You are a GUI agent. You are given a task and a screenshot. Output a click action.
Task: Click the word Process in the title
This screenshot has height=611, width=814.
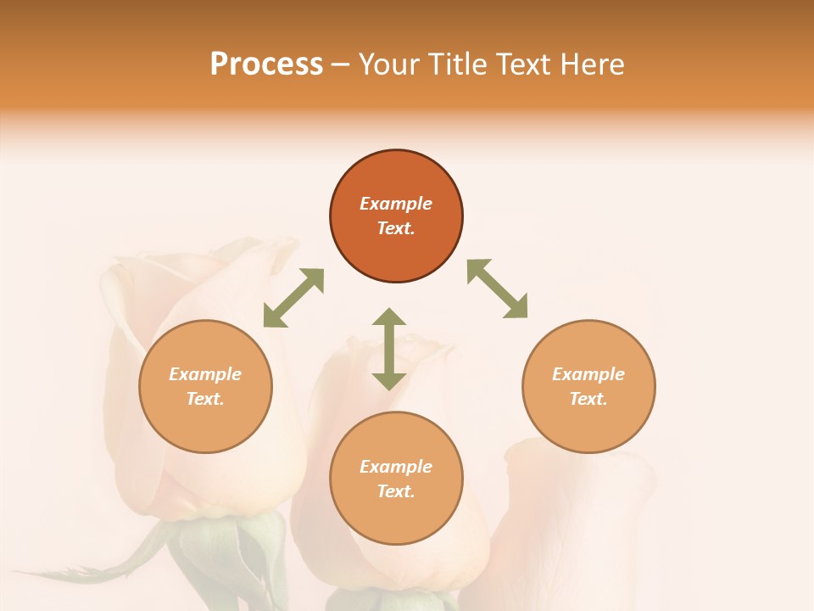pos(266,64)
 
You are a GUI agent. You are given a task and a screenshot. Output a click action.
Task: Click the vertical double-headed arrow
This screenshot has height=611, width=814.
pos(389,349)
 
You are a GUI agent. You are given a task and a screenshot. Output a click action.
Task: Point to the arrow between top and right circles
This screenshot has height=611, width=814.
pos(498,289)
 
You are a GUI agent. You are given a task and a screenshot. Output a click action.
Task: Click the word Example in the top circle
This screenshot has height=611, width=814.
pos(396,204)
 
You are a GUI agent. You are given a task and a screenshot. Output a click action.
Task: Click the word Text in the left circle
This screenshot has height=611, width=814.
pos(205,399)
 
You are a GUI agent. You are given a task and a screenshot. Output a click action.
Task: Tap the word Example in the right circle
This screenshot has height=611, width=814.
pos(588,374)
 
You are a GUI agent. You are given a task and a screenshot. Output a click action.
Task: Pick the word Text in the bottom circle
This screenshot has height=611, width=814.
pos(396,491)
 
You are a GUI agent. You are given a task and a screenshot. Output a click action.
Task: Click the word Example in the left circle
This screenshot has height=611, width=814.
pos(205,374)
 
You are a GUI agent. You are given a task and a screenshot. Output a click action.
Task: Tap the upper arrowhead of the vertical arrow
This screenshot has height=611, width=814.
pos(389,317)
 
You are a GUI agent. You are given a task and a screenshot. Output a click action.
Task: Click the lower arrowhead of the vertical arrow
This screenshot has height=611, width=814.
pos(389,381)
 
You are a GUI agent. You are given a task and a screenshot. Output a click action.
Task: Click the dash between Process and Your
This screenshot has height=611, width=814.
pos(340,65)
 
